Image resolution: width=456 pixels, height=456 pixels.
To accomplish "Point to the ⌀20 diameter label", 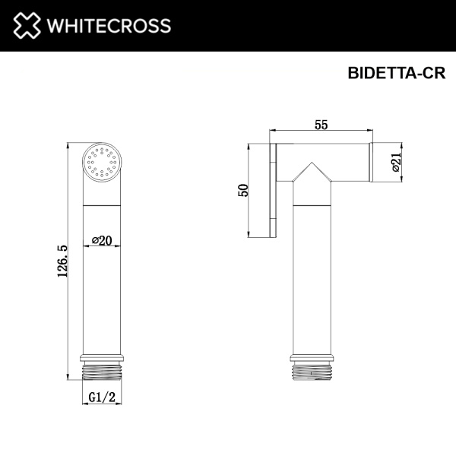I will point(102,240).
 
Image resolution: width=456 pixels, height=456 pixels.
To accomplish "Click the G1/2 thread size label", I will point(101,397).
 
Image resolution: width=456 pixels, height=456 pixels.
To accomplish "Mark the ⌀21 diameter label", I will point(395,163).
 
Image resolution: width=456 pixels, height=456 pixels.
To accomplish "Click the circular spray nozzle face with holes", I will point(101,162).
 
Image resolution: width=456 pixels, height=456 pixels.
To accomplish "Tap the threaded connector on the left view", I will point(101,370).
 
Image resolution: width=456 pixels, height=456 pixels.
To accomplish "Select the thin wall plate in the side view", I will point(271,190).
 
